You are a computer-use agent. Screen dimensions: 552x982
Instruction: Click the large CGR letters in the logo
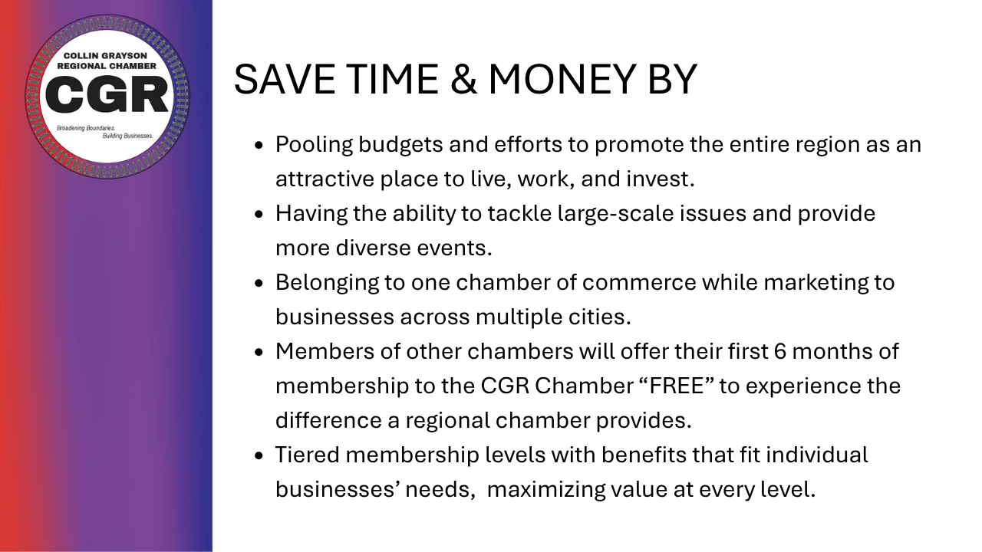[106, 95]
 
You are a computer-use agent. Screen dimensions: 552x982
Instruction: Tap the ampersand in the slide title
[460, 78]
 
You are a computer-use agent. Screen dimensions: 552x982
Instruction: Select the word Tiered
[308, 455]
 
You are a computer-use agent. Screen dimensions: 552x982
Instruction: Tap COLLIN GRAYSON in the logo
[106, 56]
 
